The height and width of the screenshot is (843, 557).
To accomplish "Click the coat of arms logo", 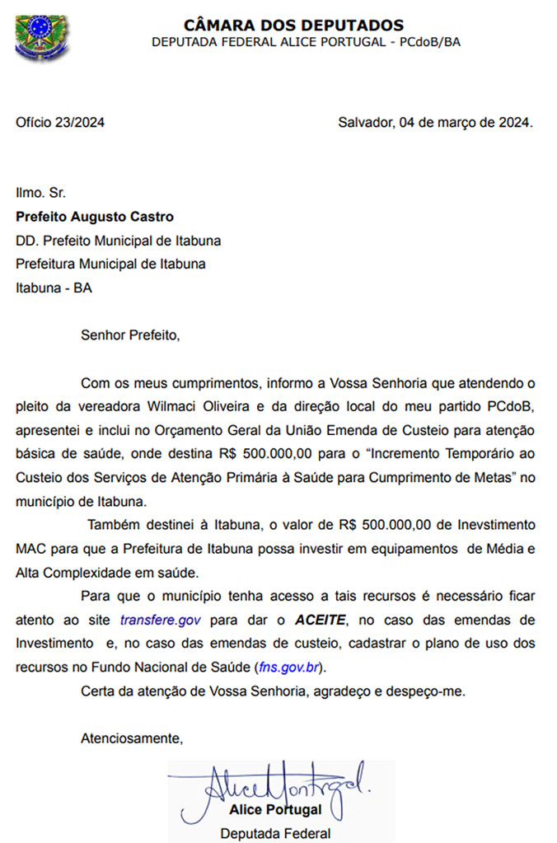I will pyautogui.click(x=38, y=37).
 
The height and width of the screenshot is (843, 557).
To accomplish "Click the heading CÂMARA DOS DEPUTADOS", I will pyautogui.click(x=293, y=26).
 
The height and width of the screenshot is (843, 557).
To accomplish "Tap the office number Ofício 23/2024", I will pyautogui.click(x=60, y=123).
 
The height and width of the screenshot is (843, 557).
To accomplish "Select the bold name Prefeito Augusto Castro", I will pyautogui.click(x=95, y=218).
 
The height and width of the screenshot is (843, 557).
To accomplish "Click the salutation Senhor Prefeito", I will pyautogui.click(x=129, y=335).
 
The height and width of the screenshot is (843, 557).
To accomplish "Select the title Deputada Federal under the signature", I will pyautogui.click(x=275, y=833).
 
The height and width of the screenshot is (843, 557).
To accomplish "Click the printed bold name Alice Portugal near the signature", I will pyautogui.click(x=276, y=810).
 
